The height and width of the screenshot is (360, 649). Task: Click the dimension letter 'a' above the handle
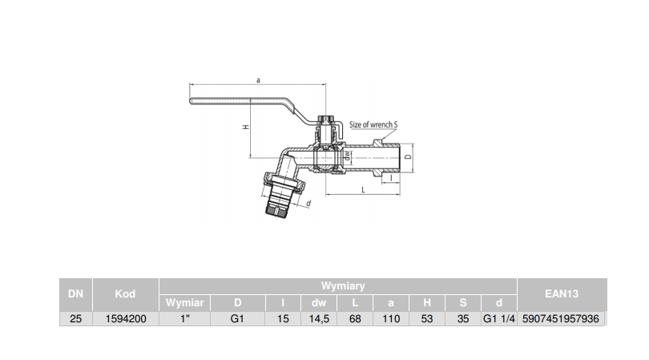(x=257, y=79)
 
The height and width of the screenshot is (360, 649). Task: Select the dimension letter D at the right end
(x=408, y=156)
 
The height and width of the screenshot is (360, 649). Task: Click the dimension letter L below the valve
(x=363, y=190)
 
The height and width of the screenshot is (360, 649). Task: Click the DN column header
(x=75, y=294)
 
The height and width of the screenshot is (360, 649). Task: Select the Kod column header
(x=125, y=294)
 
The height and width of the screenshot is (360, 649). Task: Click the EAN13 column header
(x=561, y=294)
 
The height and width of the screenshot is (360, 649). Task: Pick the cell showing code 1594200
(x=125, y=318)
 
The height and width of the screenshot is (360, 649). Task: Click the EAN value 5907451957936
(x=561, y=318)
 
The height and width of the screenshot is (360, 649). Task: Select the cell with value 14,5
(x=318, y=318)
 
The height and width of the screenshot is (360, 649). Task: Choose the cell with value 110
(x=391, y=318)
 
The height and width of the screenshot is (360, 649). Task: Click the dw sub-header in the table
(x=318, y=302)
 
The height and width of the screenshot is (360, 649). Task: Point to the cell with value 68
(x=355, y=318)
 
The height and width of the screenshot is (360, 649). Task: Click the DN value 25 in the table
(x=75, y=318)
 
